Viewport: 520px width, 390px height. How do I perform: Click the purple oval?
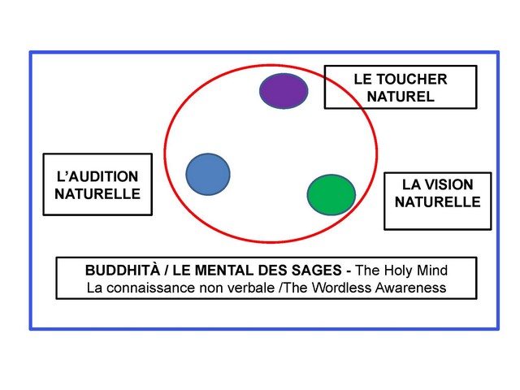[x=284, y=91]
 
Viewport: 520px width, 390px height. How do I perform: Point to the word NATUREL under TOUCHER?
[x=401, y=96]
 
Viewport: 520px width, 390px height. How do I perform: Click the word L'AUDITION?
[x=97, y=176]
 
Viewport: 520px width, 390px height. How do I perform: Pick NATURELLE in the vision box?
[x=438, y=201]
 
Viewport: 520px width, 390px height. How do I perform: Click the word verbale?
[x=245, y=287]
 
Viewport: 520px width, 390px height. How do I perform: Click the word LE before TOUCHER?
[x=363, y=79]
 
